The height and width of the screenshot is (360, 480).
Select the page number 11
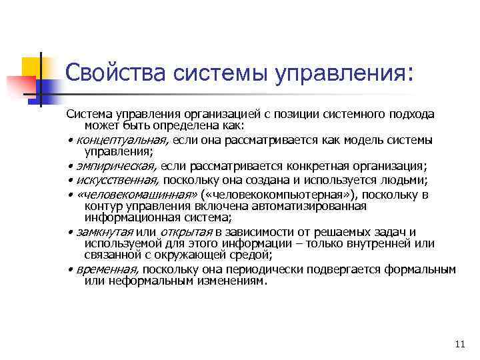458,344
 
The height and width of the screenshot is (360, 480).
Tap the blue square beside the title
52,85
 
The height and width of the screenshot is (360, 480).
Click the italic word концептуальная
120,140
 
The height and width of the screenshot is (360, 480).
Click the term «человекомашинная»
137,195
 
